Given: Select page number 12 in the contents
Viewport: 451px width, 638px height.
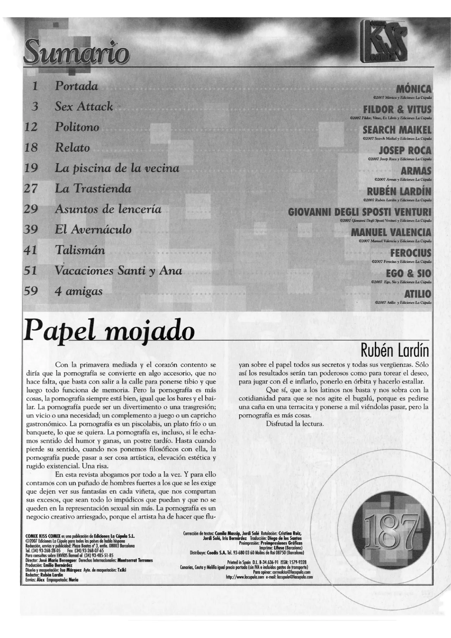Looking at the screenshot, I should [31, 127].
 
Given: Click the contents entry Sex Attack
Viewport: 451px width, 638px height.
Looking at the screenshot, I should [84, 106].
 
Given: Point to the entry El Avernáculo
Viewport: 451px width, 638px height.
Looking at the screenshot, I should [93, 230].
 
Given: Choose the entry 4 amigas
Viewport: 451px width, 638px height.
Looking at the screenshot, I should [79, 292].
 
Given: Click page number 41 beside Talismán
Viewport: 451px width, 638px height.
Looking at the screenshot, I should [31, 250].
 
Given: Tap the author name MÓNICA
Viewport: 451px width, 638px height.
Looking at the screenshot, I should [413, 89].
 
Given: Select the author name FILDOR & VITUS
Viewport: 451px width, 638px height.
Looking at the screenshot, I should [397, 110].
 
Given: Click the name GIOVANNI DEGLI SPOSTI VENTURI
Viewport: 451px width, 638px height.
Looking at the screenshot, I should [359, 212].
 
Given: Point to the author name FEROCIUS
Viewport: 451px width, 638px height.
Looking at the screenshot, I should [410, 253].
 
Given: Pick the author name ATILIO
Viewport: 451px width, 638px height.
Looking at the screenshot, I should [418, 294].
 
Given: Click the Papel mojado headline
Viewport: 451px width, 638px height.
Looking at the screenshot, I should [109, 330].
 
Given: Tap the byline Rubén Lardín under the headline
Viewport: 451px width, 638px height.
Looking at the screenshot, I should [395, 351].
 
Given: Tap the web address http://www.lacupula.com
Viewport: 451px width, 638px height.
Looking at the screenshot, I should [245, 577].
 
